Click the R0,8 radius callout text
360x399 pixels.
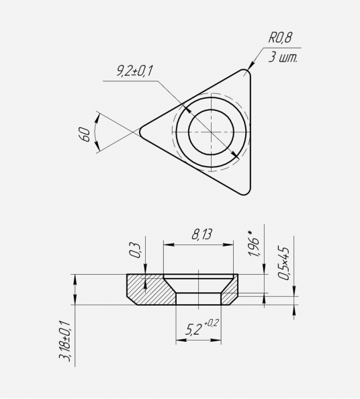(280, 38)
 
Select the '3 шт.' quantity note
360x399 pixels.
(283, 58)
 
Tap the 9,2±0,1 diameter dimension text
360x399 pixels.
(134, 71)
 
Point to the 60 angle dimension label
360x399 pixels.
(85, 134)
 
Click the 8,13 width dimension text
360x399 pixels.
(201, 234)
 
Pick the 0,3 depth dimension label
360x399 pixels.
(135, 251)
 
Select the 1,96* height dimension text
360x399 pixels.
(253, 244)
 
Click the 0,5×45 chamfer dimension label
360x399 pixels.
(283, 263)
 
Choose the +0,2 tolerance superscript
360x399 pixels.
(211, 323)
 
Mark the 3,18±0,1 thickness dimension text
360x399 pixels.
(64, 341)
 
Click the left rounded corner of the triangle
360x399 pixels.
(140, 132)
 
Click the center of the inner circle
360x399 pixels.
(211, 132)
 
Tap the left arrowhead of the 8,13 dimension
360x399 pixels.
(168, 245)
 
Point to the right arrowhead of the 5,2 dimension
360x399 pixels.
(216, 340)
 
